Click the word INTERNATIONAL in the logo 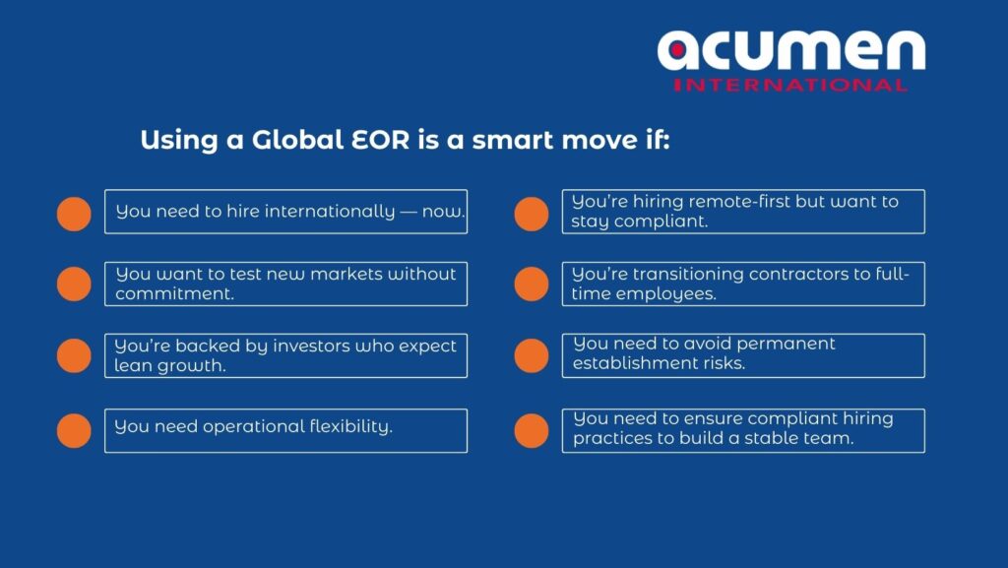790,85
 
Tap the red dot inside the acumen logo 677,50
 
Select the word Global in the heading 297,140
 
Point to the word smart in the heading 513,140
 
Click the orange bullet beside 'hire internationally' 74,214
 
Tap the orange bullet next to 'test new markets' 74,284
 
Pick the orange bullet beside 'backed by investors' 74,356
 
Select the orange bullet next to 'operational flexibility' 74,430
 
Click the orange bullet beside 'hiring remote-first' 532,214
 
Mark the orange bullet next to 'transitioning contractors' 532,284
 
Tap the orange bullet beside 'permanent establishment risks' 532,356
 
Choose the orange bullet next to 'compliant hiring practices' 532,430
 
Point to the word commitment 174,293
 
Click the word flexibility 350,426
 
